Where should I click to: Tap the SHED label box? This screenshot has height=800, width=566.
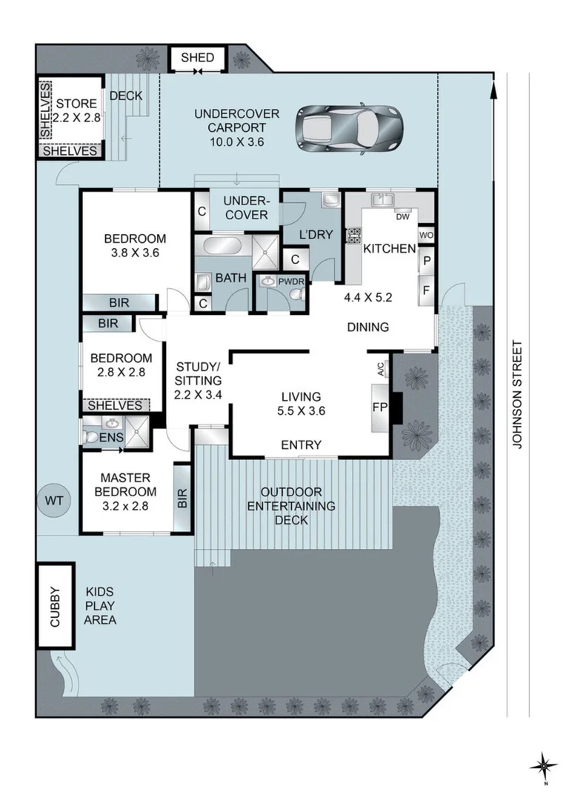pos(197,59)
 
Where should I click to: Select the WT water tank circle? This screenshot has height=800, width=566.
pos(54,501)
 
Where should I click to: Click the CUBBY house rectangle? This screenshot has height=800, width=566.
pos(56,606)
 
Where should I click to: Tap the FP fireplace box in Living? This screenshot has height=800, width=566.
pos(379,407)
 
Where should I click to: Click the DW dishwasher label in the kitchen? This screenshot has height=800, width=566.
pos(402,217)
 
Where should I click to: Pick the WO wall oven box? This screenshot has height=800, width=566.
pos(425,236)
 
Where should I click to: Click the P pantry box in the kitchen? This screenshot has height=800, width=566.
pos(426,261)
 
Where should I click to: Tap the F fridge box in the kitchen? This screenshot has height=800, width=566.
pos(426,290)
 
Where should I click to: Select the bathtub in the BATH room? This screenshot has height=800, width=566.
pos(219,245)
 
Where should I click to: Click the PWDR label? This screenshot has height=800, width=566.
pos(286,281)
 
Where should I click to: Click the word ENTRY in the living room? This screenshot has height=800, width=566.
pos(302,445)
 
